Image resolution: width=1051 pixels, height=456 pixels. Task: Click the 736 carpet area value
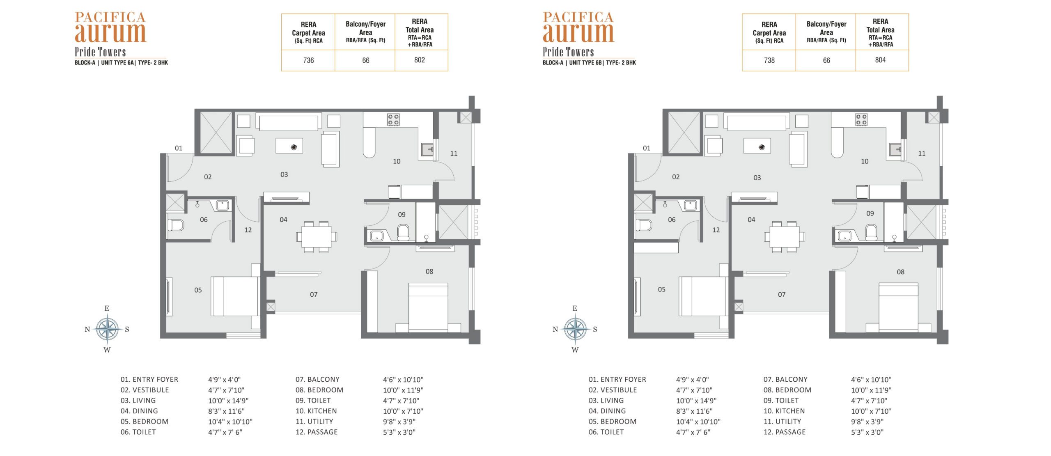308,60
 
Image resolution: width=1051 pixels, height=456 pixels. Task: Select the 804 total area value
880,60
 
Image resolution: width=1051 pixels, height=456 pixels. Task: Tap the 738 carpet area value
769,60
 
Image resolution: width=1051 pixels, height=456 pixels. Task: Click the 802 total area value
420,60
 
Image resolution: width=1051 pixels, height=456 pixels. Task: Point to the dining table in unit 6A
317,236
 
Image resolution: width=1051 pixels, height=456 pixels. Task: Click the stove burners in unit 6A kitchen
393,119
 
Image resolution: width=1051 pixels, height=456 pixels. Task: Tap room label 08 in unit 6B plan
900,272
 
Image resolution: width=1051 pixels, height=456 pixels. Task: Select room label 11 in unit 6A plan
454,154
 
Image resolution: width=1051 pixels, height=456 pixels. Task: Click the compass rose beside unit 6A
107,329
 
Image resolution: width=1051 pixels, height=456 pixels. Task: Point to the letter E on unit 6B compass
575,308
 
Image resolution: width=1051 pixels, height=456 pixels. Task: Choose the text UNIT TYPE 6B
586,63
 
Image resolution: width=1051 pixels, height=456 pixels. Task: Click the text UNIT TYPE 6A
118,63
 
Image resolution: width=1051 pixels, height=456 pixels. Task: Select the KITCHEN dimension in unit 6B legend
871,411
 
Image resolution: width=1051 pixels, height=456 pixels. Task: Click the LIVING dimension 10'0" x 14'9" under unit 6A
228,401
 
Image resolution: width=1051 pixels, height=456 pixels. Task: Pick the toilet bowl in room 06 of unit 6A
176,225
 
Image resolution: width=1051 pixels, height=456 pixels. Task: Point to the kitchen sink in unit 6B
895,149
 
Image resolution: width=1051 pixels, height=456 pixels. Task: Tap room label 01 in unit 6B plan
647,148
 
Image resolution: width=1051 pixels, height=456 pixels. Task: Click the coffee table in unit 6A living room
289,146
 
